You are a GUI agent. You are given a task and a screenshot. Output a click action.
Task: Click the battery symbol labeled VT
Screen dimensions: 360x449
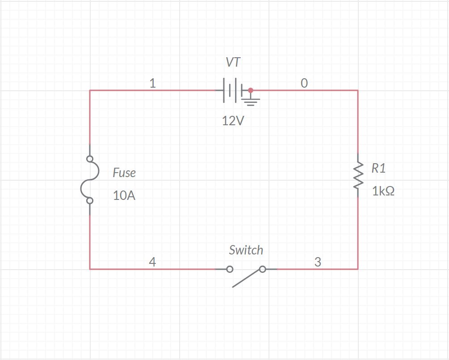(230, 90)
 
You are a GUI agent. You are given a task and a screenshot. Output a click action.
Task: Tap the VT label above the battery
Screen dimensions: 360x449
(233, 63)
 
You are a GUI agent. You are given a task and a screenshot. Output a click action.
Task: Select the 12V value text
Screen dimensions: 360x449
(233, 121)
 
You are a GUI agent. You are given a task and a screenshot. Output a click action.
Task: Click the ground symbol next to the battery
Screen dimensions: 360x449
(251, 101)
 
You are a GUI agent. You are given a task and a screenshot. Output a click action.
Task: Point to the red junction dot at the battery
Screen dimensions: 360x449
(251, 90)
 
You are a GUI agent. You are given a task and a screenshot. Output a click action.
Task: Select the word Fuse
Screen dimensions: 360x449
(124, 173)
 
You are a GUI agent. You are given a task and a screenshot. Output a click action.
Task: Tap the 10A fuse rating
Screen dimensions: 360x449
(124, 195)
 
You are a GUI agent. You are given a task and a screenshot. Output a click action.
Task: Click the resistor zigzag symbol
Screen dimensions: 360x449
(357, 175)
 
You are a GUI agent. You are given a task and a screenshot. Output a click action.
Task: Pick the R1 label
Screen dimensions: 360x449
(378, 168)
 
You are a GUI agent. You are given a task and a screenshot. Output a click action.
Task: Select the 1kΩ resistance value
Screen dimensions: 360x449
(383, 191)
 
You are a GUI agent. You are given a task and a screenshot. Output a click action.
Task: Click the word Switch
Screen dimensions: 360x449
(246, 250)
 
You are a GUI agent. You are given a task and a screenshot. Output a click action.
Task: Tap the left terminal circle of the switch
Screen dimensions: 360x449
(230, 269)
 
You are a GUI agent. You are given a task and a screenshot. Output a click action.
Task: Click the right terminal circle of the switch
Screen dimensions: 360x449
(263, 269)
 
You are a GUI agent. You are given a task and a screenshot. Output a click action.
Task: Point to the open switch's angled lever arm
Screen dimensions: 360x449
(247, 278)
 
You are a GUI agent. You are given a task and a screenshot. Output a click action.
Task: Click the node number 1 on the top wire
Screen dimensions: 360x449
(152, 83)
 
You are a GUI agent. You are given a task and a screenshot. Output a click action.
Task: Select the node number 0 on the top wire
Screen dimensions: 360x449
(304, 83)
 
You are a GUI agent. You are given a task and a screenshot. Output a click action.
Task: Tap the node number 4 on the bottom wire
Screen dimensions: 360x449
(152, 262)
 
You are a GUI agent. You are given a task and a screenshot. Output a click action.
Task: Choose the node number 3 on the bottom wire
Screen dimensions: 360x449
(318, 262)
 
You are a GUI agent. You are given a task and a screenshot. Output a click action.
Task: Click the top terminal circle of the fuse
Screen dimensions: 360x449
(90, 159)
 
